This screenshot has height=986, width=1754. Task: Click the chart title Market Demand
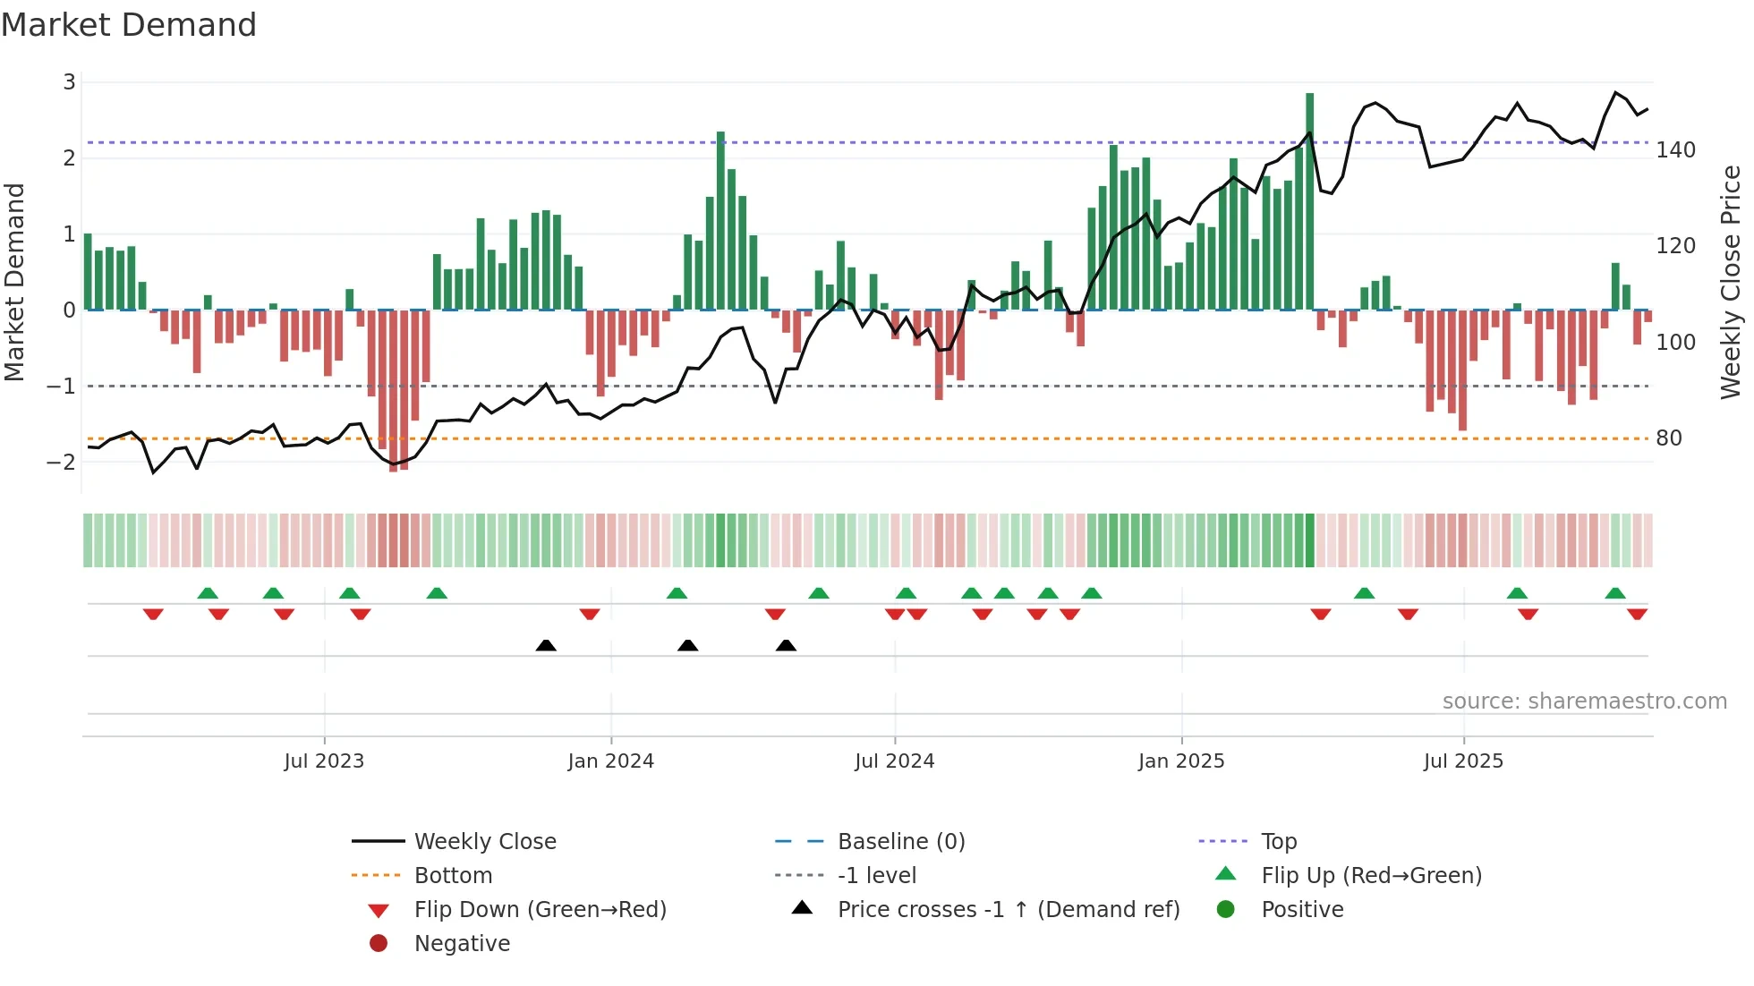coord(129,24)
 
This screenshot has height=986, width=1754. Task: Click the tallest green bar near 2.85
coord(1309,201)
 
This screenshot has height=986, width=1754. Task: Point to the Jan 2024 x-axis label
coord(610,761)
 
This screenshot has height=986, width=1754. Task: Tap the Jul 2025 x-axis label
coord(1463,761)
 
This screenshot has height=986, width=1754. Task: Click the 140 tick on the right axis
coord(1675,149)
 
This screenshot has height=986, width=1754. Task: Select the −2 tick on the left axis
coord(61,462)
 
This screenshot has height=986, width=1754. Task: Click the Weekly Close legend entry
coord(484,841)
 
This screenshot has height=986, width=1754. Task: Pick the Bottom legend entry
coord(453,875)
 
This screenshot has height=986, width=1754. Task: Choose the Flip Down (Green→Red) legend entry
coord(540,909)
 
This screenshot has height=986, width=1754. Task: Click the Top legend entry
coord(1279,841)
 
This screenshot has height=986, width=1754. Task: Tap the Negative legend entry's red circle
coord(379,943)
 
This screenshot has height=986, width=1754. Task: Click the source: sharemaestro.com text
coord(1584,701)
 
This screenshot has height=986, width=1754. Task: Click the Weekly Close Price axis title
coord(1731,282)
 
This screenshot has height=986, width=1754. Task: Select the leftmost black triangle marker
coord(546,645)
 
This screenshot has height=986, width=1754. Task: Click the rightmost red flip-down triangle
coord(1637,614)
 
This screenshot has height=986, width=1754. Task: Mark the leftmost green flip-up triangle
coord(208,593)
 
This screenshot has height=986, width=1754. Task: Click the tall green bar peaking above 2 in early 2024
coord(720,221)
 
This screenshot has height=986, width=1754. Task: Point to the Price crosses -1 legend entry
coord(1008,909)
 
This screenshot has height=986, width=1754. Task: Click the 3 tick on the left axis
coord(69,82)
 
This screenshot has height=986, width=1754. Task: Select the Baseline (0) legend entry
coord(900,841)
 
